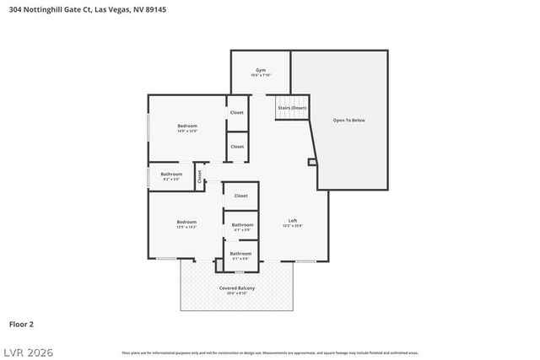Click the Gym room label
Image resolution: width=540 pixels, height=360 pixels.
261,70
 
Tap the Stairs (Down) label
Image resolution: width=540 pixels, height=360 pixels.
292,109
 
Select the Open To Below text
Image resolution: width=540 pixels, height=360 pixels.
349,121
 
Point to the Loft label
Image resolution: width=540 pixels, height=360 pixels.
293,220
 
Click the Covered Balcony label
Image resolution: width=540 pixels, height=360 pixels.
237,288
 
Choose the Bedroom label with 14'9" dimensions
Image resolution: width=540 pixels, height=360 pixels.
187,126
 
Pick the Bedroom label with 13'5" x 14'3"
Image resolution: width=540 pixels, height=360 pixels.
186,222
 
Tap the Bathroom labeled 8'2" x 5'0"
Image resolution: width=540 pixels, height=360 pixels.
171,175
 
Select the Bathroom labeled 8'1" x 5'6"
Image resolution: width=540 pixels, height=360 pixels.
240,253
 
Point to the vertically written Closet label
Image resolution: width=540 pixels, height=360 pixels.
200,176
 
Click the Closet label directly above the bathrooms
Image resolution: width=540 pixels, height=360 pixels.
240,196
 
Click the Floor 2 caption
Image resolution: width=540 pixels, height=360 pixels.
21,323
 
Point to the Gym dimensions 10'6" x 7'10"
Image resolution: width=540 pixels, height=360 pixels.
261,76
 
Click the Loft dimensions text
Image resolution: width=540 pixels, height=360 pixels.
293,226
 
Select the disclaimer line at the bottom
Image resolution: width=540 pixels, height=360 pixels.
270,352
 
